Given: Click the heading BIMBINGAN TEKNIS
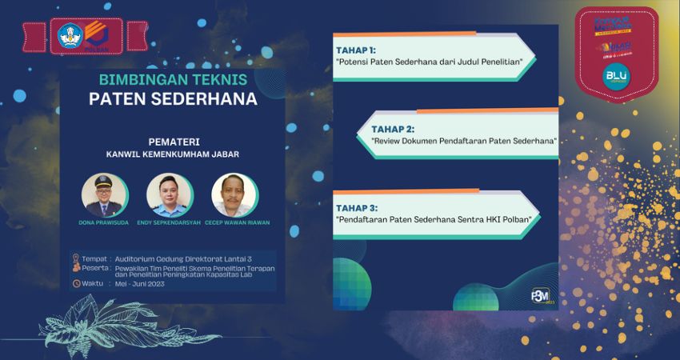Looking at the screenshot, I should click(172, 80).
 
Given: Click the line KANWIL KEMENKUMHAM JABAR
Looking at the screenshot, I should click(172, 154).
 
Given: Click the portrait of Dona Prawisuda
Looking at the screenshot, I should click(103, 194).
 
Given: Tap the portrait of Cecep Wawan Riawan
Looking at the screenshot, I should click(234, 194).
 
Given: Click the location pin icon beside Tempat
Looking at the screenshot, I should click(76, 258).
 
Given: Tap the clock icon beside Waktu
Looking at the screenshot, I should click(76, 282).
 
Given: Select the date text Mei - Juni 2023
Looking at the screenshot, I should click(137, 283).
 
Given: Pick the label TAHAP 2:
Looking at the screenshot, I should click(393, 128).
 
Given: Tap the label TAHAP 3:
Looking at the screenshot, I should click(356, 207).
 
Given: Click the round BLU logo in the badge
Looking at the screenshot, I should click(617, 76).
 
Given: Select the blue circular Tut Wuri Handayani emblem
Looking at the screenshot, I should click(70, 35).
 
